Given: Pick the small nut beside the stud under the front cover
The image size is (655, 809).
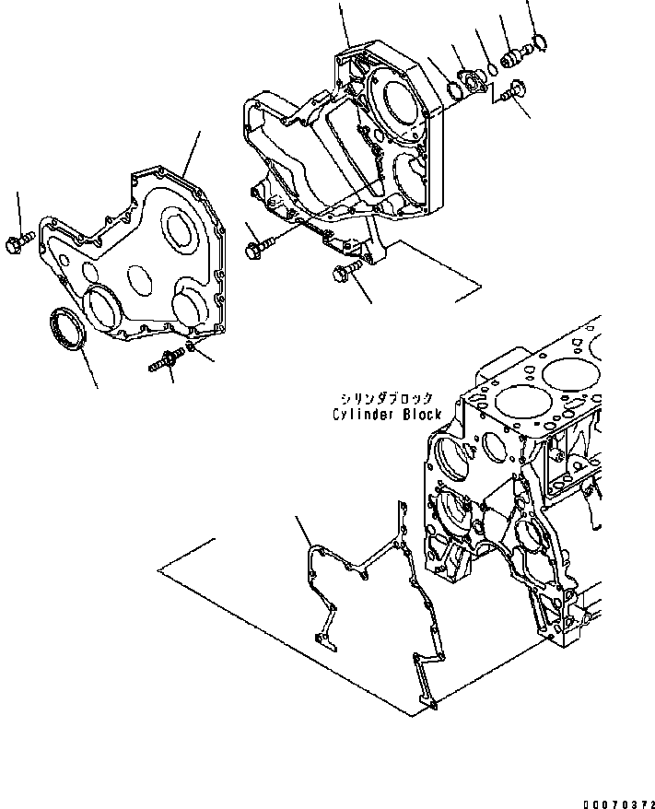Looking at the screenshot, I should pos(188,346).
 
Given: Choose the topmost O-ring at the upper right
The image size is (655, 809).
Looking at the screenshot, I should pos(540,41).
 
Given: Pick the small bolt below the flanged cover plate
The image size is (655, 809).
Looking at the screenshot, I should pos(512,90).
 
